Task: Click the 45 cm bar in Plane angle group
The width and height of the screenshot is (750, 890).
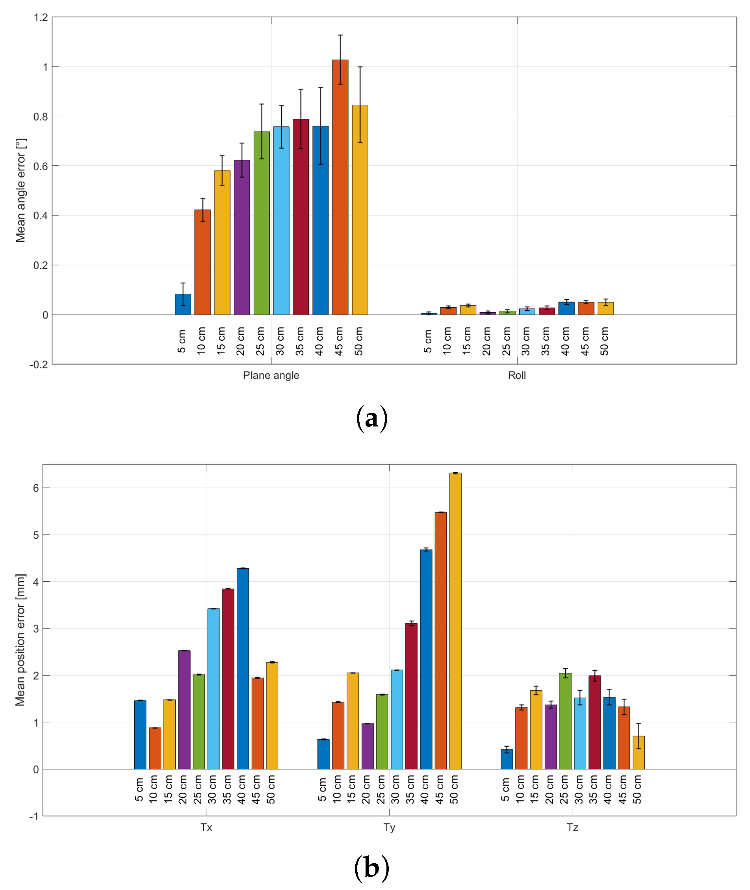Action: (340, 187)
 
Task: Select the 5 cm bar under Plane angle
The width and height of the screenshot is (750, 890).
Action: (183, 304)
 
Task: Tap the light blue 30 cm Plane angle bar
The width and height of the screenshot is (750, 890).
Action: (281, 221)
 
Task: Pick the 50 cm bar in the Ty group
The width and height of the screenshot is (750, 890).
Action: (455, 621)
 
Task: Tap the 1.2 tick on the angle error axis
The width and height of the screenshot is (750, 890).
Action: (41, 17)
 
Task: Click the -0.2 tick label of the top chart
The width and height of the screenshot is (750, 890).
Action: (39, 365)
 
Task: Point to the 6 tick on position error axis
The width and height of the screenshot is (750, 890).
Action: (36, 488)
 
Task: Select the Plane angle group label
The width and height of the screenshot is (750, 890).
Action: (271, 375)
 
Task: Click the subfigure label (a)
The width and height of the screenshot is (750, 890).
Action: (371, 418)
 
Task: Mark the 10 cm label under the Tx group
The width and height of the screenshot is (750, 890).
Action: (154, 789)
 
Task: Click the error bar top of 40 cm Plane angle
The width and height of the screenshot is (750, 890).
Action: (321, 87)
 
